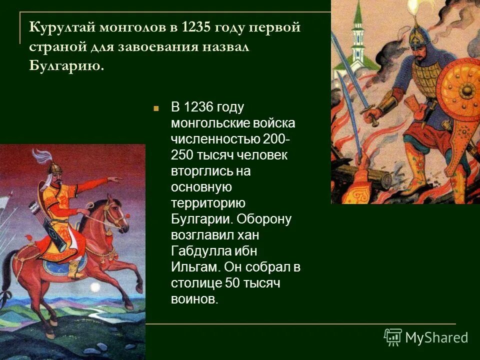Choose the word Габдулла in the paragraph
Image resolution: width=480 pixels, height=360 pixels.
200,251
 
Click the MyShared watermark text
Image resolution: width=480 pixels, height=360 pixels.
436,337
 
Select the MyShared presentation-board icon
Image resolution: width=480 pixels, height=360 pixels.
393,337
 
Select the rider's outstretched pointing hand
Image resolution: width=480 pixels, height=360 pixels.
114,179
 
